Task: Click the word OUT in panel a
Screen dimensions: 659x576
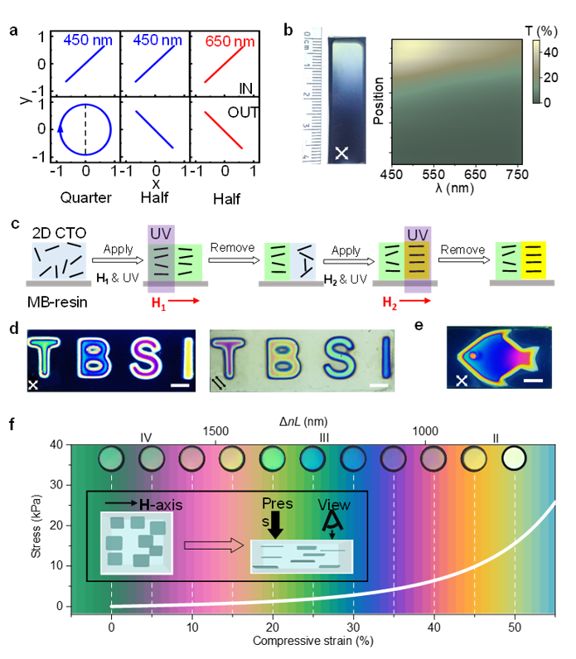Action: [242, 110]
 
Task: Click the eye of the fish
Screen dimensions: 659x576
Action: [474, 356]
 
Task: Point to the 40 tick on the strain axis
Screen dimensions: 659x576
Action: [434, 628]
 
